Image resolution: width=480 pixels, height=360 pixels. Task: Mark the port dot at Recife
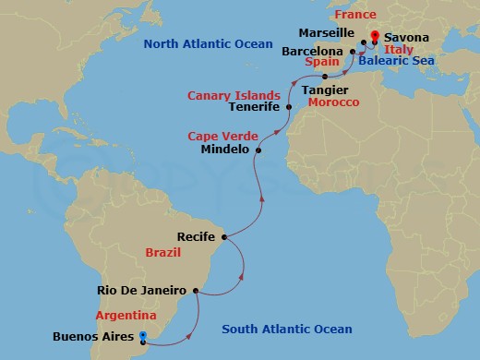point(224,237)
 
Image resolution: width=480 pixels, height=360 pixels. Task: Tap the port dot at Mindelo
point(258,150)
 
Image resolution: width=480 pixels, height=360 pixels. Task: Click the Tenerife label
point(255,107)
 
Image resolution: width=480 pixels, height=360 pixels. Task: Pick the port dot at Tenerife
point(289,107)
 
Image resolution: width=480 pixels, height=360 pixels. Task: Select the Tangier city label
point(324,89)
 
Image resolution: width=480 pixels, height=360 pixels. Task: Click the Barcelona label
point(312,52)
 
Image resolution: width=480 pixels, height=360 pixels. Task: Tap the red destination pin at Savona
point(374,38)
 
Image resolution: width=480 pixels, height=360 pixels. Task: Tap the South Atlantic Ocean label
point(287,330)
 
